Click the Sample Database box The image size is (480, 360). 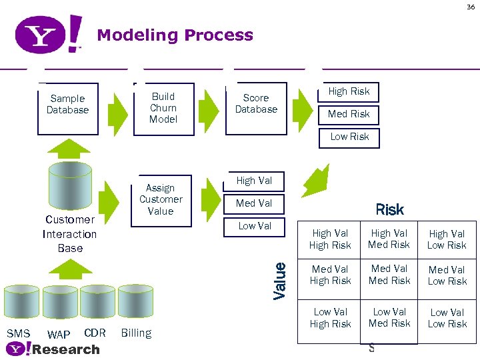68,108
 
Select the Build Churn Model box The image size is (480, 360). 163,109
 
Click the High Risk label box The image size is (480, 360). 349,92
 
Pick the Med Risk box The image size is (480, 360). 349,114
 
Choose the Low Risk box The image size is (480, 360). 349,137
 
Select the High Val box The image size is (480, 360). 254,181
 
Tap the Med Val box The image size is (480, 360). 254,203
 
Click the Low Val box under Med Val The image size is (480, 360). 255,226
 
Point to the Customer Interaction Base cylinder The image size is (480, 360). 69,190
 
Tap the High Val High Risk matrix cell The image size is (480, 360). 330,240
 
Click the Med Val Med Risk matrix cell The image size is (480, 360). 389,275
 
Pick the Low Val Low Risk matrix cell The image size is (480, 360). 447,318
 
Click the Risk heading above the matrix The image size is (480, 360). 389,210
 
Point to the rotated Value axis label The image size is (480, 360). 280,280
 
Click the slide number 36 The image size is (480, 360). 471,7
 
